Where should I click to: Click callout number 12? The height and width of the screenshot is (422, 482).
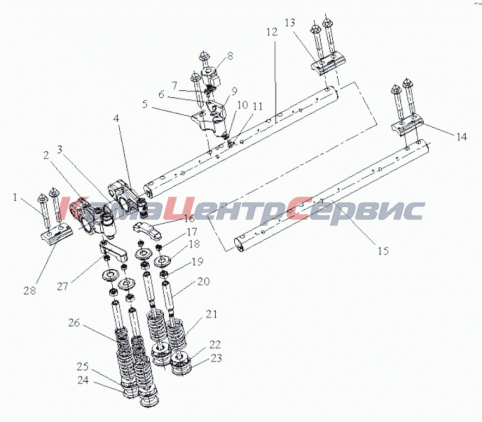tap(272, 32)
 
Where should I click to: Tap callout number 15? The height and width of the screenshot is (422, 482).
tap(383, 251)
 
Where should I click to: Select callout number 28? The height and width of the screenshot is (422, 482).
tap(30, 290)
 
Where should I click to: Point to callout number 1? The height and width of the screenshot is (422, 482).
tap(15, 197)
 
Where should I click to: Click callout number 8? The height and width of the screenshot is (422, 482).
tap(230, 56)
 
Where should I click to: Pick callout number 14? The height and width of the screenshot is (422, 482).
tap(461, 136)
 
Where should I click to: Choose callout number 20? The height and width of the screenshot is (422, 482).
tap(203, 281)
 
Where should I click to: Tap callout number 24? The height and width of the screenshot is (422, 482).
tap(83, 380)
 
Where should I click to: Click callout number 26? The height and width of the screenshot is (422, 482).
tap(74, 322)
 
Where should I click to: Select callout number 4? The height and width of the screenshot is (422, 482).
tap(116, 118)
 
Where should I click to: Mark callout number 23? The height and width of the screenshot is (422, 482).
tap(216, 358)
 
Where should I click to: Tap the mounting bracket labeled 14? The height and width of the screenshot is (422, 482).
tap(407, 126)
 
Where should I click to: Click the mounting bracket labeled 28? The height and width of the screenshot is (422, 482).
tap(57, 234)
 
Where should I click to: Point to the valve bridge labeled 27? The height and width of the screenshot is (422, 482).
tap(113, 250)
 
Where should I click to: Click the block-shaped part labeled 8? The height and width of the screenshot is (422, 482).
tap(211, 77)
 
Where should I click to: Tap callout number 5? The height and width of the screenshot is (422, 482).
tap(145, 104)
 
